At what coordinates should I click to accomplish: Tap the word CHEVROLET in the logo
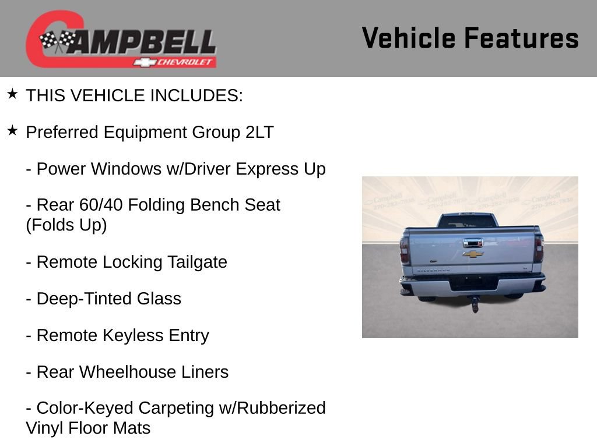point(185,62)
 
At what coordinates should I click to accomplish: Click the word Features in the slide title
point(521,38)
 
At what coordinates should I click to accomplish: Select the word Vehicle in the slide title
point(408,38)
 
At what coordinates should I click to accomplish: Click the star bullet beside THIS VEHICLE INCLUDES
point(12,94)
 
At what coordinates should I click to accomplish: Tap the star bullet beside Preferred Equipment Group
point(12,131)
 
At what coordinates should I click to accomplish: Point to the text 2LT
point(259,132)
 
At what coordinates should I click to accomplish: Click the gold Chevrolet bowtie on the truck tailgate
point(473,254)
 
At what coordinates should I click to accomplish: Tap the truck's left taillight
point(405,250)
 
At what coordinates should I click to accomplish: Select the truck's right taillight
point(539,249)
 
